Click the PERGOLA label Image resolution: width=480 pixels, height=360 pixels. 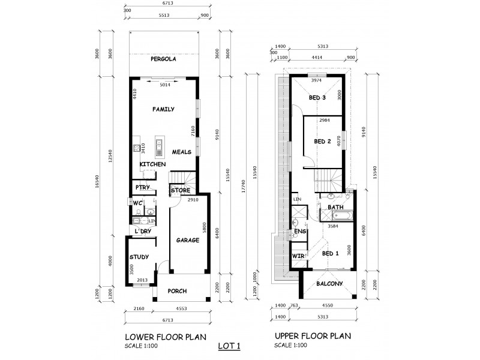(163, 61)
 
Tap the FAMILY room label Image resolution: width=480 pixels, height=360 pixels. (163, 109)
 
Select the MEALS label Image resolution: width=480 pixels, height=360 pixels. (181, 152)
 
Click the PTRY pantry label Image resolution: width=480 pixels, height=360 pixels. (142, 187)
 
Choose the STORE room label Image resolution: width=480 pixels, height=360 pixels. (181, 191)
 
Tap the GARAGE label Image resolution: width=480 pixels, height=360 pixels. (187, 240)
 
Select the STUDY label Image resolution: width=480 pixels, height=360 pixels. (139, 258)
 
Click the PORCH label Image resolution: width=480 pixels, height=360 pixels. (177, 292)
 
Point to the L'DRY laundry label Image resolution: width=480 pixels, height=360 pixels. (143, 231)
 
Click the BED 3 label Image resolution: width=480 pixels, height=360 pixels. (317, 97)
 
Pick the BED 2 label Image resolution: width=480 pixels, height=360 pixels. (323, 142)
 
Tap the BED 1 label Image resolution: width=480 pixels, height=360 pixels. (331, 253)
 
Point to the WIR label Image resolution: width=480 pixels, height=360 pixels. (298, 256)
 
